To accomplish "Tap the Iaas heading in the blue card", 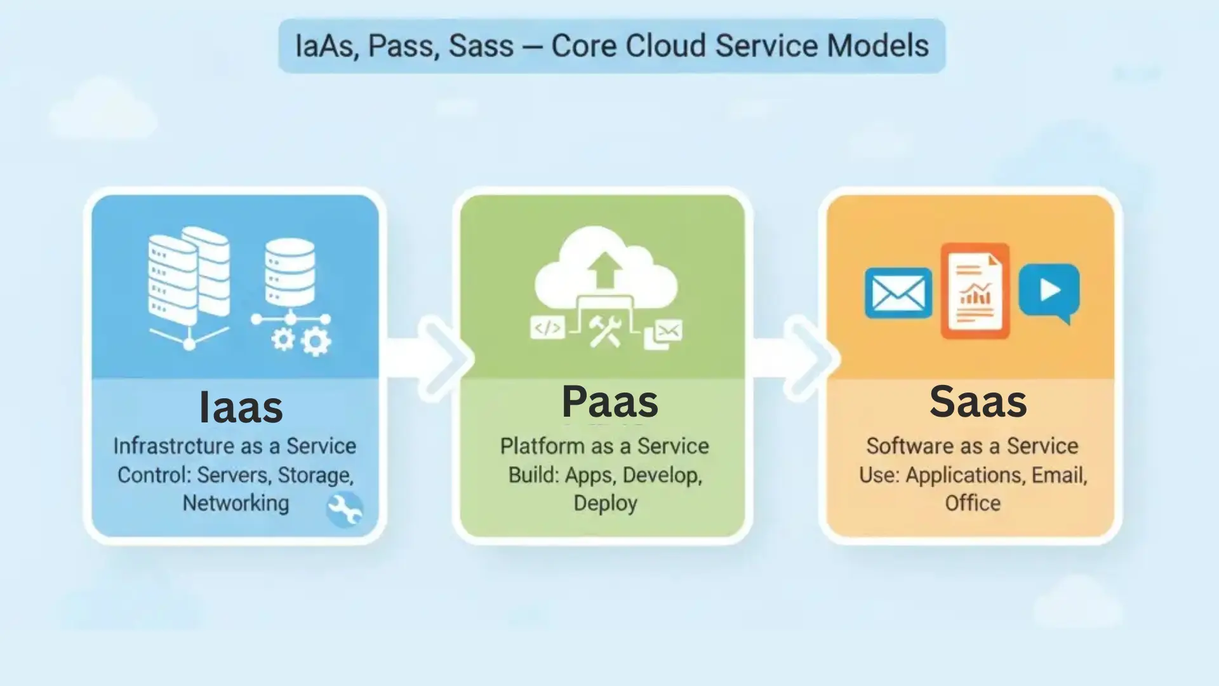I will click(x=241, y=407).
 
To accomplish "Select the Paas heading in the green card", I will click(x=609, y=401).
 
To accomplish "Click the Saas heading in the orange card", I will click(x=978, y=401).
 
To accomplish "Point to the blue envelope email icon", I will click(x=898, y=293).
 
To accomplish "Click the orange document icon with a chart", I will click(x=975, y=290).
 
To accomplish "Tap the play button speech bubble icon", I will click(x=1049, y=291).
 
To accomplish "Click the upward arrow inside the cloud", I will click(x=604, y=269).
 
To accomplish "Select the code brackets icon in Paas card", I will click(x=547, y=328).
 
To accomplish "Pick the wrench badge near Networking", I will click(x=345, y=509).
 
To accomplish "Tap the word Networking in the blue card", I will click(x=236, y=503).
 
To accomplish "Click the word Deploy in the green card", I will click(x=605, y=503).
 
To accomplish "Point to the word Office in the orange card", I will click(x=972, y=503).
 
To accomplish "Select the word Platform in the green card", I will click(x=542, y=446).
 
